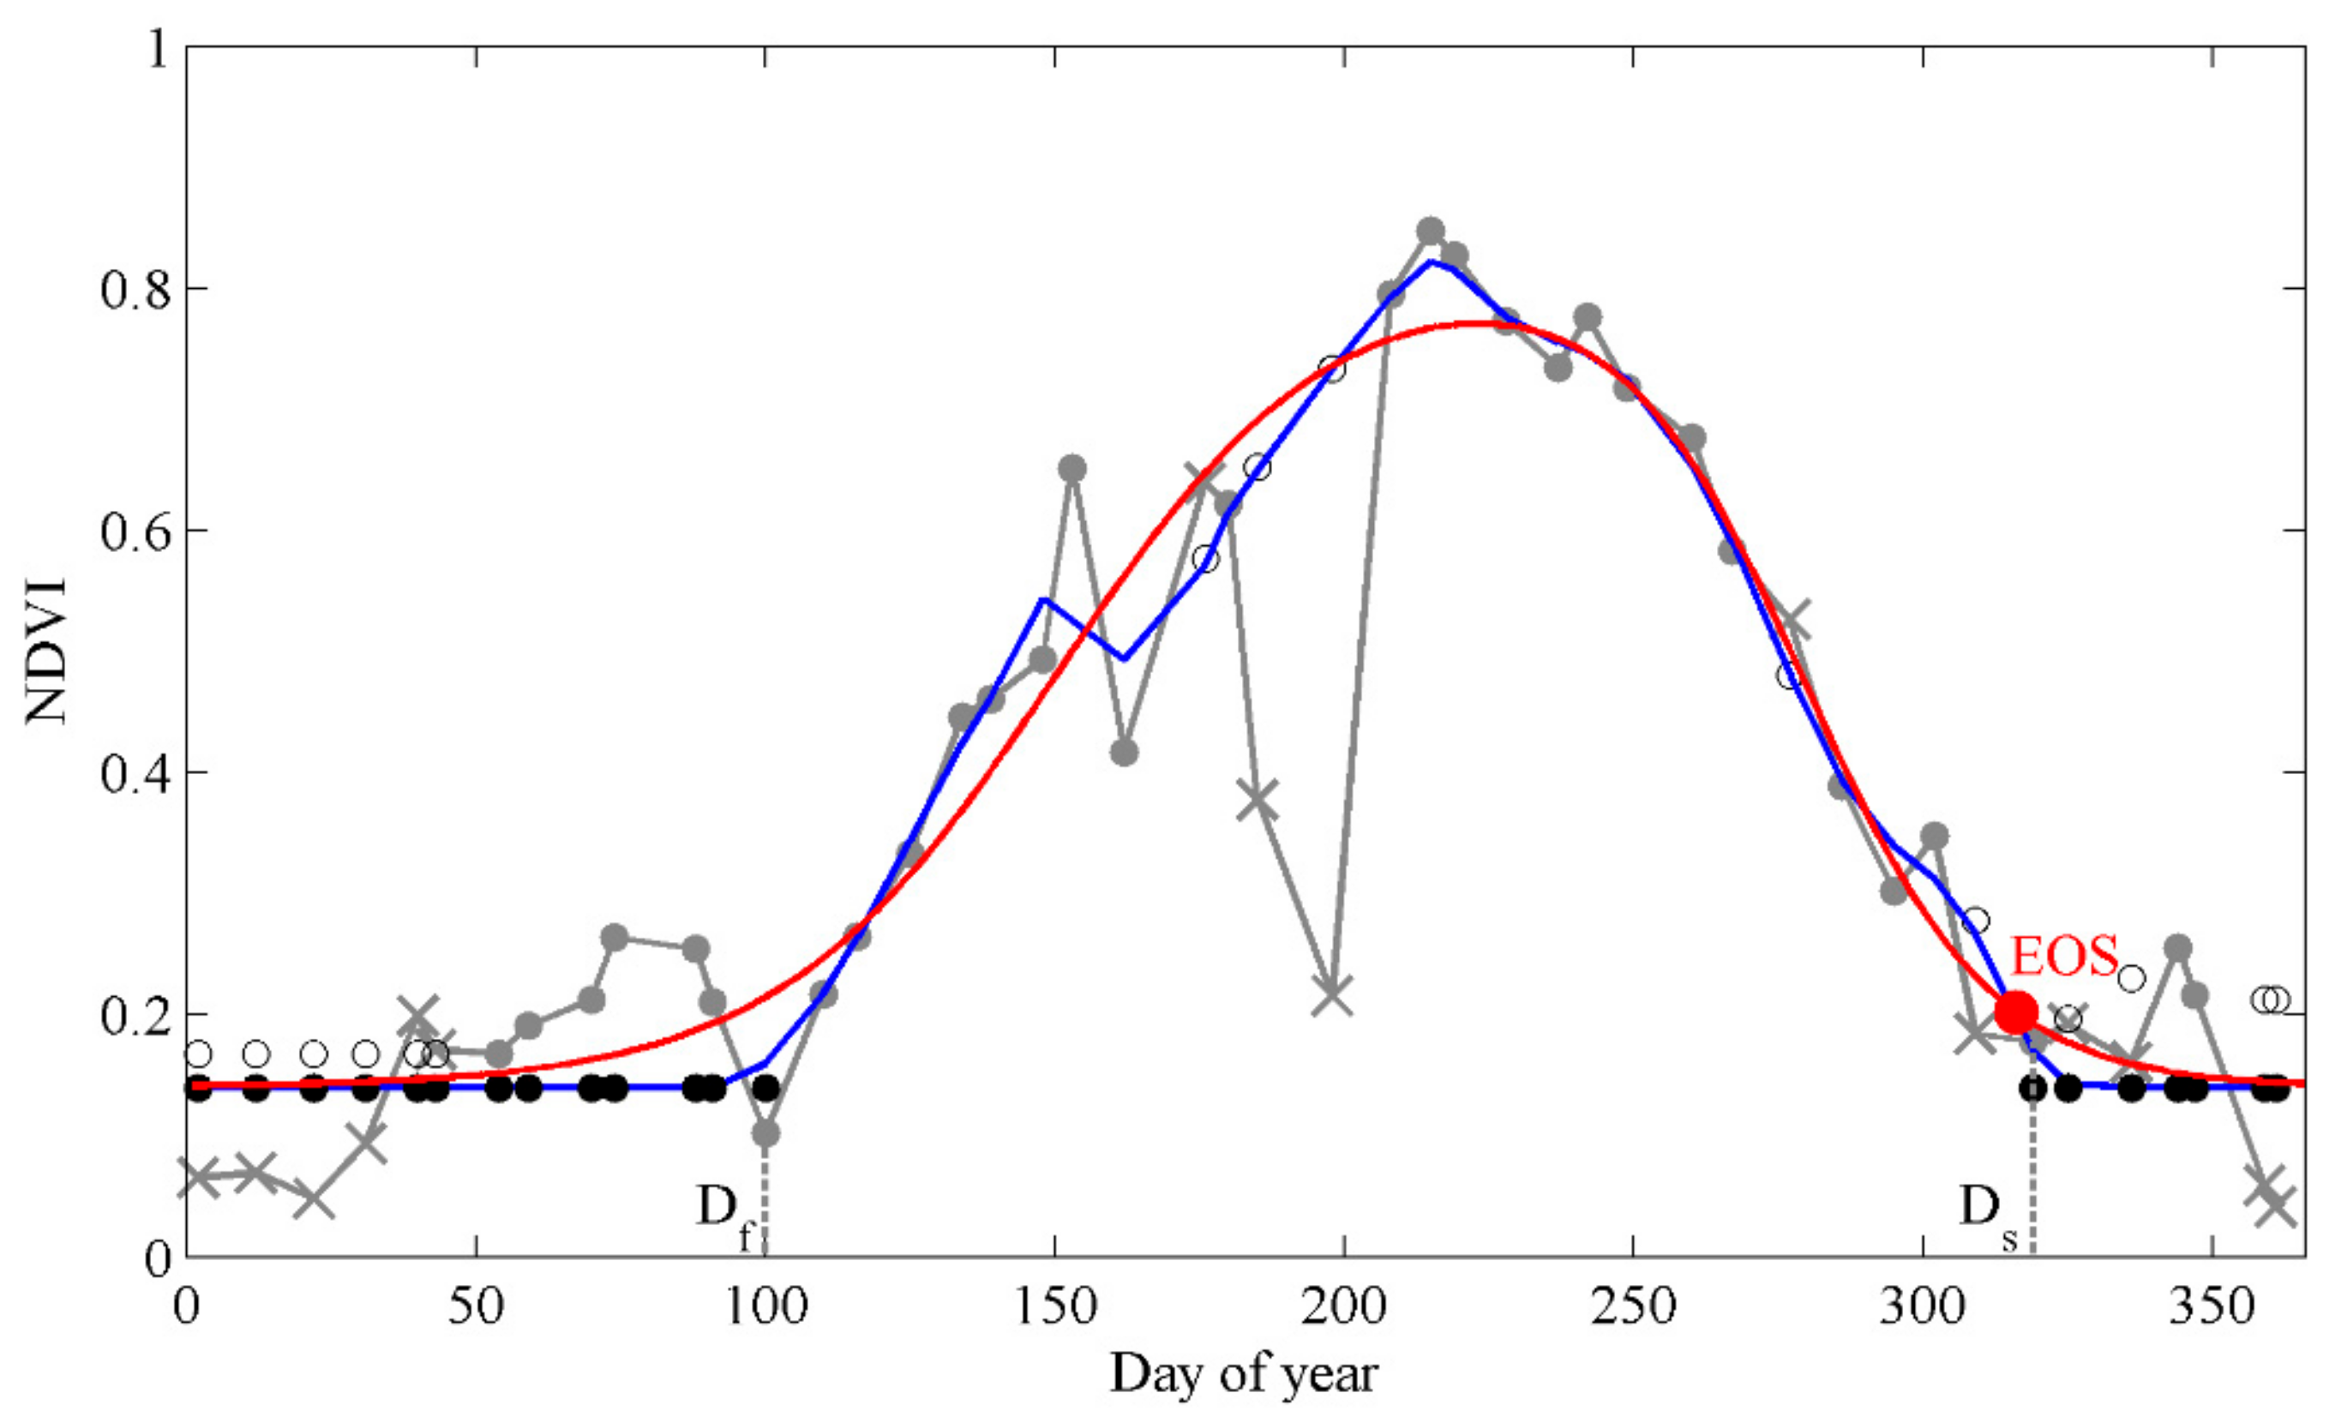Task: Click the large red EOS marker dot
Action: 2015,1012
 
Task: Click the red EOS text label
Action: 2064,957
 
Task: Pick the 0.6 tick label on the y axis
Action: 135,531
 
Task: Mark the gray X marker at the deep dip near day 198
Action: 1332,997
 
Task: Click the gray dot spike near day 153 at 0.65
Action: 1071,468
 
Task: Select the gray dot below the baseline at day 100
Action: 765,1133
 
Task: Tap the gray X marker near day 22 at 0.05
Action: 313,1199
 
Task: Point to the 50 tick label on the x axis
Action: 476,1307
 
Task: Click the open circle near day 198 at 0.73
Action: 1332,369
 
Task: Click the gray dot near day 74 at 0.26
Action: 614,937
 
